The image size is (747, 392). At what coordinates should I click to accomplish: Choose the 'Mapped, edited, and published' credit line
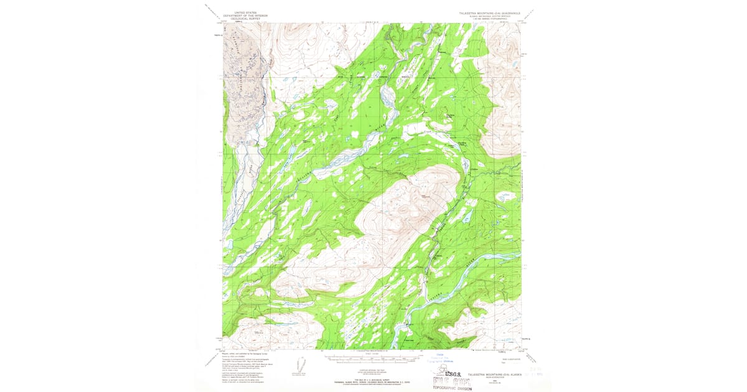click(x=245, y=352)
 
